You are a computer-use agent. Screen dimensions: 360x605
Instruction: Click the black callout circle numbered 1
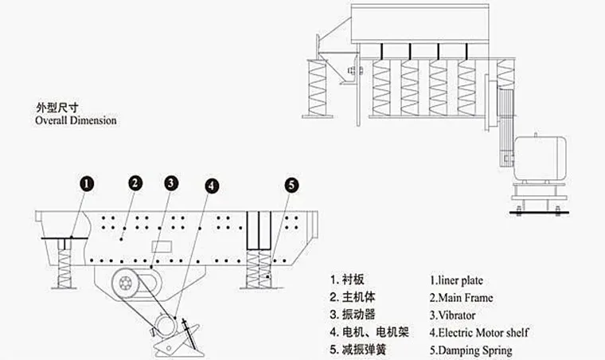tap(88, 183)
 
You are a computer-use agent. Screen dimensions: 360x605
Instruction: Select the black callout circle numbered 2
tap(135, 182)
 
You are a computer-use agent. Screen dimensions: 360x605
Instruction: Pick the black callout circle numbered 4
tap(211, 186)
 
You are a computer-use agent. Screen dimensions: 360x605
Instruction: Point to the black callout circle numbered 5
tap(291, 185)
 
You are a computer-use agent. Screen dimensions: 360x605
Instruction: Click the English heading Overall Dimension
tap(76, 121)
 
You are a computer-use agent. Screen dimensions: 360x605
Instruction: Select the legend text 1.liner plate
tap(456, 280)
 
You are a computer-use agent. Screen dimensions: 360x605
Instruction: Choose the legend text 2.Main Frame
tap(461, 298)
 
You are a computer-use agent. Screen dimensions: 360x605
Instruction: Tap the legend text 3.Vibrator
tap(453, 315)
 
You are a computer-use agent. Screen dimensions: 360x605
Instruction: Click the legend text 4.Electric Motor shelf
tap(479, 332)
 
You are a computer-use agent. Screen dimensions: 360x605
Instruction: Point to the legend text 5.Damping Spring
tap(470, 350)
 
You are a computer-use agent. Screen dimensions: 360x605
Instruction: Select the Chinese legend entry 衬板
tap(354, 280)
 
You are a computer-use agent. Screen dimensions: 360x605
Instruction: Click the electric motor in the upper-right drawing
tap(541, 158)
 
